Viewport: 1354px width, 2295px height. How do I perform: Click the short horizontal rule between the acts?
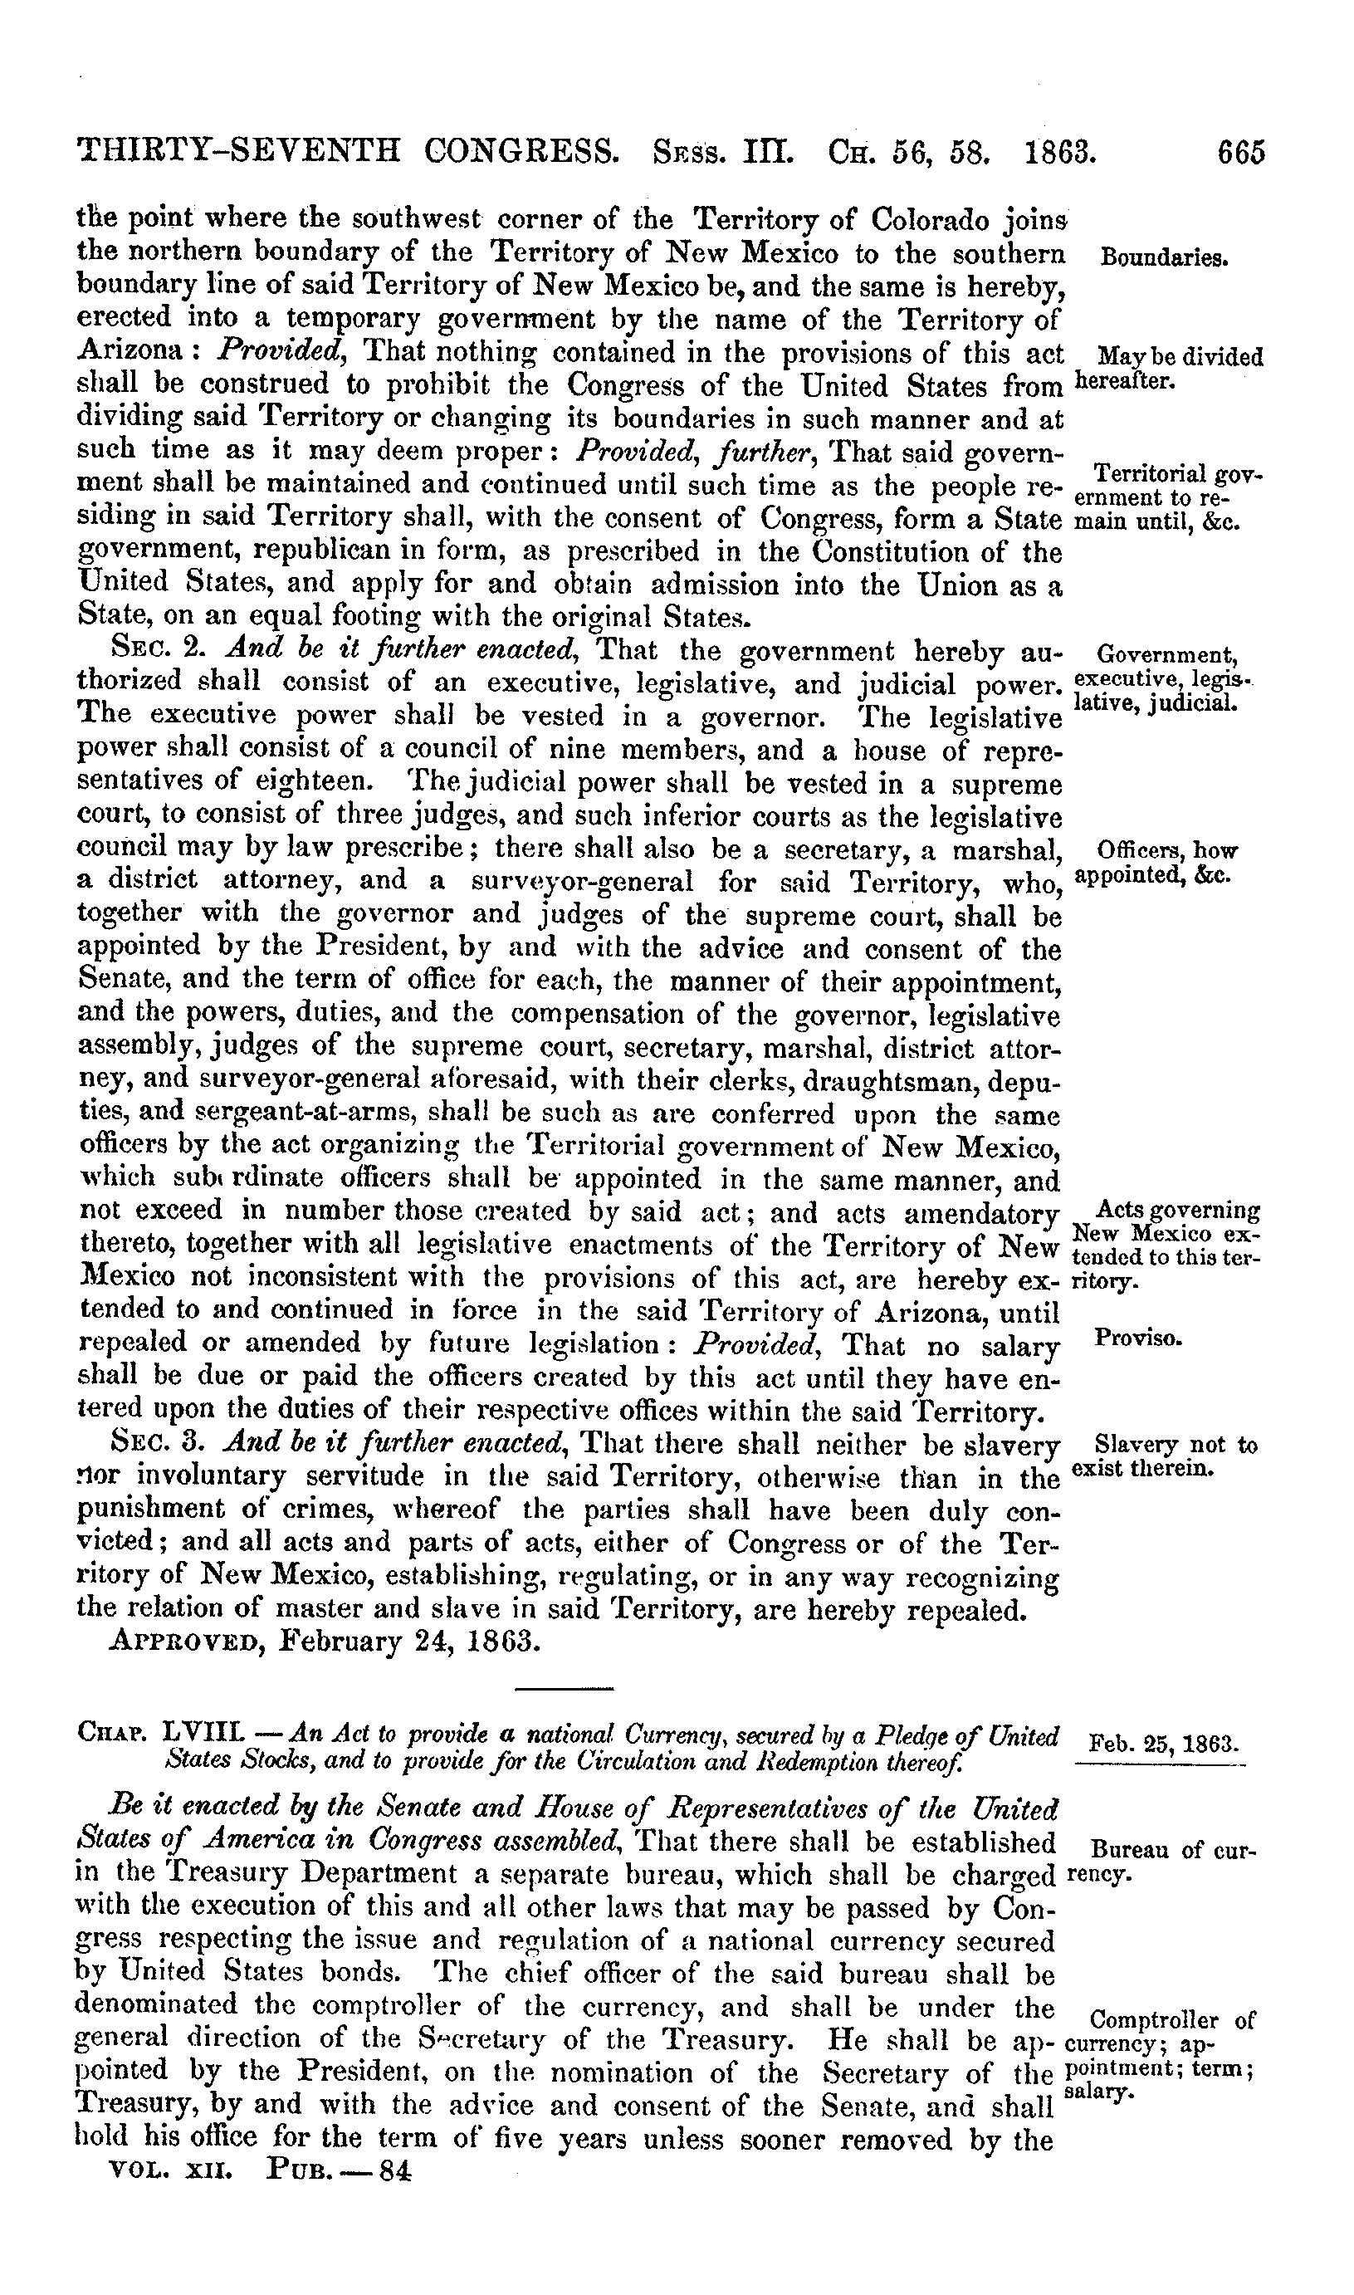click(x=564, y=1688)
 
